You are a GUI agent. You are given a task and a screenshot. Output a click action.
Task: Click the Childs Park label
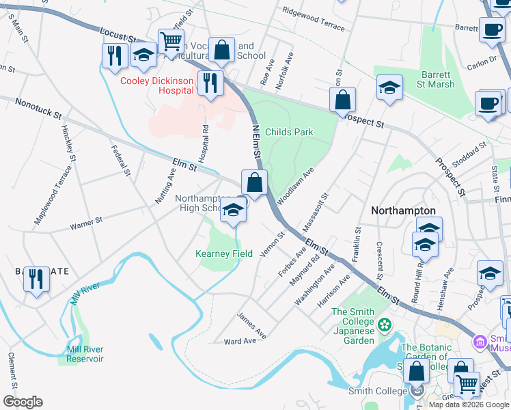point(288,132)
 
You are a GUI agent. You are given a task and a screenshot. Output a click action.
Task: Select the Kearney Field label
point(224,254)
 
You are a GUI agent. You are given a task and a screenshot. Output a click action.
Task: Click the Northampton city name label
point(403,211)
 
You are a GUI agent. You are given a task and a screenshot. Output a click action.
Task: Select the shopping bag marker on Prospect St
point(343,100)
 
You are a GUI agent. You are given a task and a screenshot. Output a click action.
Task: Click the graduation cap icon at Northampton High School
point(233,210)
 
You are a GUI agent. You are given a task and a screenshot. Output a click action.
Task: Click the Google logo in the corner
point(23,402)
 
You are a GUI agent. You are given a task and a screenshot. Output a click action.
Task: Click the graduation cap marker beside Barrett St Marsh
point(389,89)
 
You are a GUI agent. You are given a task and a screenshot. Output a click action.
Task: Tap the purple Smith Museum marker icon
point(480,340)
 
